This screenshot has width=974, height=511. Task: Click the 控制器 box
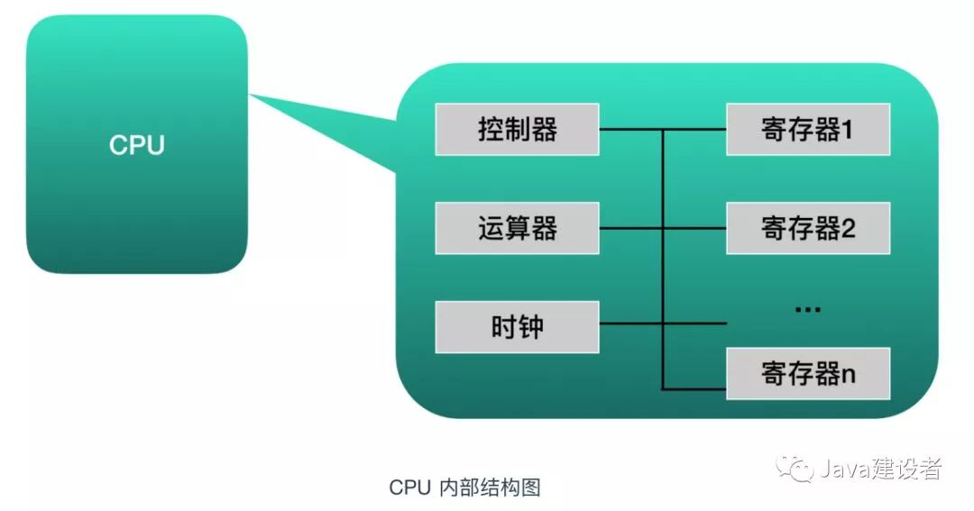(x=517, y=129)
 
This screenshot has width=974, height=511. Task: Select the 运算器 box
(x=517, y=228)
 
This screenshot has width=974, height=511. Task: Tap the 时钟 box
(x=517, y=326)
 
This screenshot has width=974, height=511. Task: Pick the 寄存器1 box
(x=807, y=129)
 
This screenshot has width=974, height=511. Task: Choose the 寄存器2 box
(x=807, y=228)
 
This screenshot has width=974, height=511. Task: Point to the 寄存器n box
(x=807, y=373)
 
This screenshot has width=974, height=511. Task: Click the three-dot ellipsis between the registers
(x=807, y=308)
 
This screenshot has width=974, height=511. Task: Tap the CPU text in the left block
(x=137, y=145)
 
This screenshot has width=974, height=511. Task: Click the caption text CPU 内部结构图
(x=464, y=488)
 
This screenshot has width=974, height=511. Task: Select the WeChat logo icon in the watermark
(x=794, y=468)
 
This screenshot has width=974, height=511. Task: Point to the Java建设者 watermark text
(x=880, y=468)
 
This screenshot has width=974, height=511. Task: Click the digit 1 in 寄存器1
(x=846, y=130)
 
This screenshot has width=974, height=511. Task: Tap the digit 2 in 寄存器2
(x=848, y=229)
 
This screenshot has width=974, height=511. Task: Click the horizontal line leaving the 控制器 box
(x=631, y=129)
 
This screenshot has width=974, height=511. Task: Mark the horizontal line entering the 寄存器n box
(x=694, y=388)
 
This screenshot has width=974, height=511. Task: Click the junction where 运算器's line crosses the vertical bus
(x=663, y=228)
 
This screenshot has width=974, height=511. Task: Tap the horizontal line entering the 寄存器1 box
(x=694, y=129)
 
